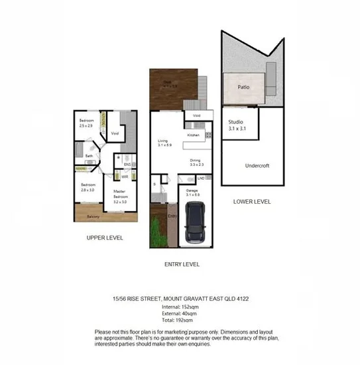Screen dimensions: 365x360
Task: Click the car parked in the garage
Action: point(196,222)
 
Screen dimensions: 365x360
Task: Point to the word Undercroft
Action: point(256,165)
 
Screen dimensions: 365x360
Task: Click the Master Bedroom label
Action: point(120,194)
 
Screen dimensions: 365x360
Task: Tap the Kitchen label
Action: point(194,135)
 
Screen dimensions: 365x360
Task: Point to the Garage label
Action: point(192,192)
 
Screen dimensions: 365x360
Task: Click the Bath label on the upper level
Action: point(88,156)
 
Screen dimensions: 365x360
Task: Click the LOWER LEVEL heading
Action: point(252,201)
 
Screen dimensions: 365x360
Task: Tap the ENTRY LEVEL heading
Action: point(182,263)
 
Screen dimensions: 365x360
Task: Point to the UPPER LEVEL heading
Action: point(105,237)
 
